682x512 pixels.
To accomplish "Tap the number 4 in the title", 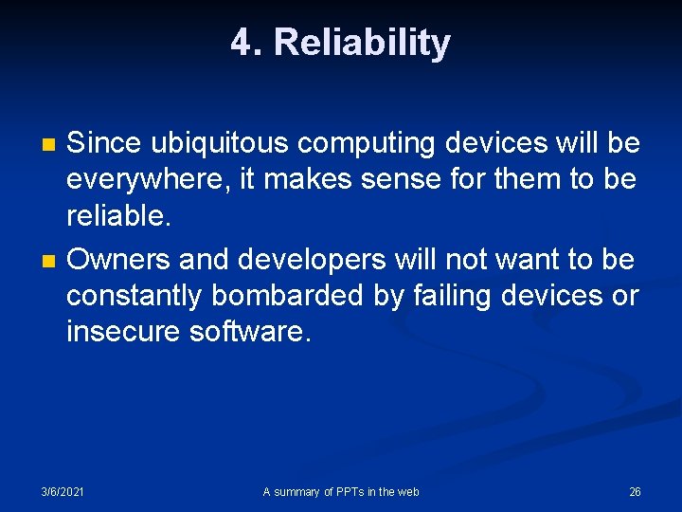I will pos(242,44).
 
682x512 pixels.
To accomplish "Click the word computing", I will pos(367,144).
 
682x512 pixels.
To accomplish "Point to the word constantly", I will pos(134,296).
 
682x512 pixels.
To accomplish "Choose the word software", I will pos(251,333).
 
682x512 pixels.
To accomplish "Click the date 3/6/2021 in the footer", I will pos(63,491).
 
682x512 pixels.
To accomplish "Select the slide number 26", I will pos(635,491).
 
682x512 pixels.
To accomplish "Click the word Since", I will pos(104,144).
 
